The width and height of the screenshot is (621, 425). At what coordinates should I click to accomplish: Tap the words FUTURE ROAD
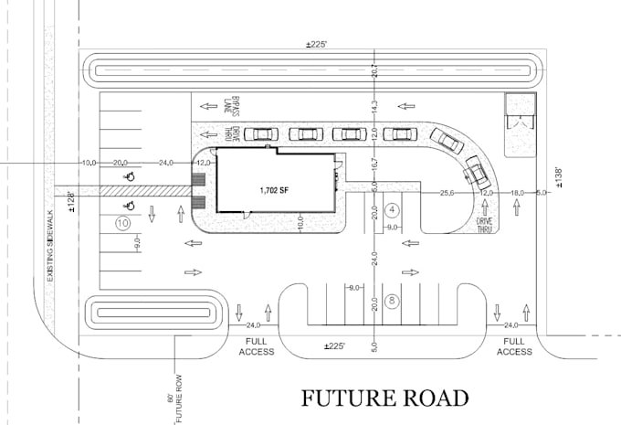[385, 398]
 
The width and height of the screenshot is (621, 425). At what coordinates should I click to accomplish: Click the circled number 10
[121, 222]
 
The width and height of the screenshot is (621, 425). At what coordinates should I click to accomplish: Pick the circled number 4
[390, 209]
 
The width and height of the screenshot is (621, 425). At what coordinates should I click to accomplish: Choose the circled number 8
[390, 299]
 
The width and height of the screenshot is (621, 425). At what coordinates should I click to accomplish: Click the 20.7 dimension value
[374, 71]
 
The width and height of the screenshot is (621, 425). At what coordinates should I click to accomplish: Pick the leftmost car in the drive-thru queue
[260, 134]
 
